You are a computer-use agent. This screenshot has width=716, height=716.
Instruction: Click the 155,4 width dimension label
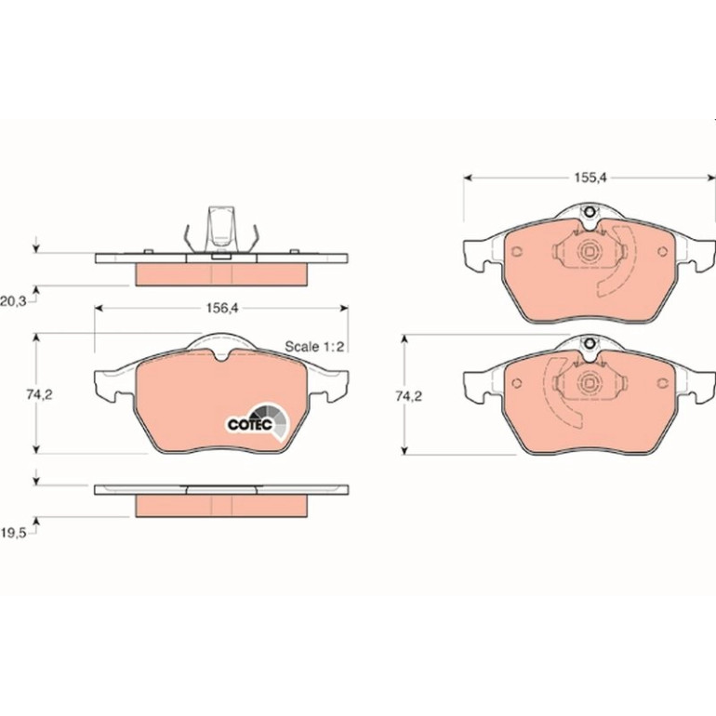(590, 178)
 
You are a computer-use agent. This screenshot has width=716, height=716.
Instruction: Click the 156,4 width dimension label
(222, 308)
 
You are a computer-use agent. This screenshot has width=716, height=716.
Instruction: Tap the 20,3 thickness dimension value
(13, 301)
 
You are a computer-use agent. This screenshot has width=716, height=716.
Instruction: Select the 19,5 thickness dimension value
(13, 533)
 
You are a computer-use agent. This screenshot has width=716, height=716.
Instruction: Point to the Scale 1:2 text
(314, 346)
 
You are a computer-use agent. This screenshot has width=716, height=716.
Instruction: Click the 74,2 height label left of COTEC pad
(39, 395)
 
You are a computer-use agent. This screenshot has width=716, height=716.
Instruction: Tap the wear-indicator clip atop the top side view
(222, 230)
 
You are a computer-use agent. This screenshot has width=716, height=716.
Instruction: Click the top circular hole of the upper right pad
(590, 212)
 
